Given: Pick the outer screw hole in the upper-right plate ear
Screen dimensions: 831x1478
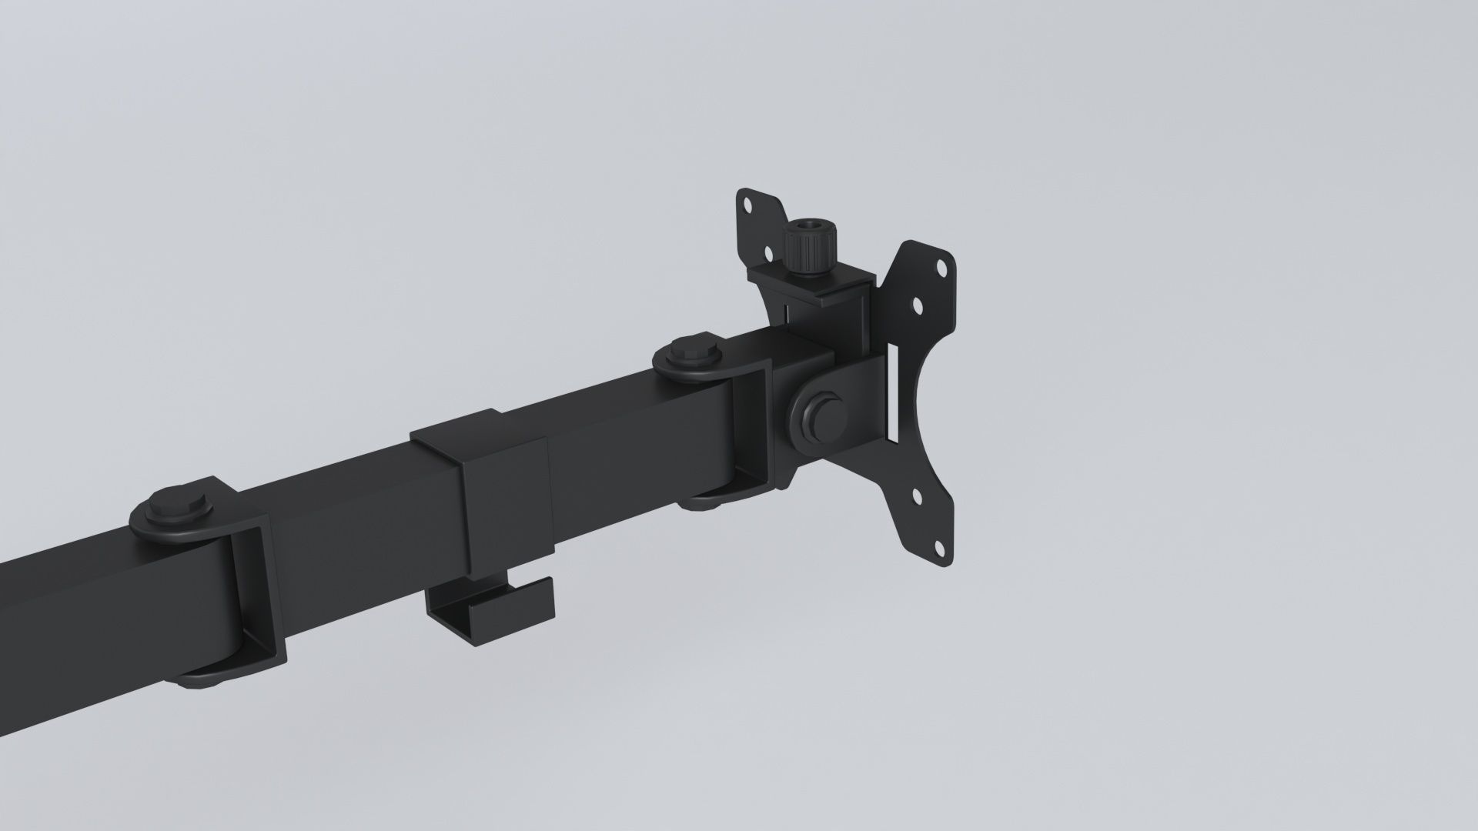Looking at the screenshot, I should (940, 270).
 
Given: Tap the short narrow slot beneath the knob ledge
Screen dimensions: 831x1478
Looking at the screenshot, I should (786, 315).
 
